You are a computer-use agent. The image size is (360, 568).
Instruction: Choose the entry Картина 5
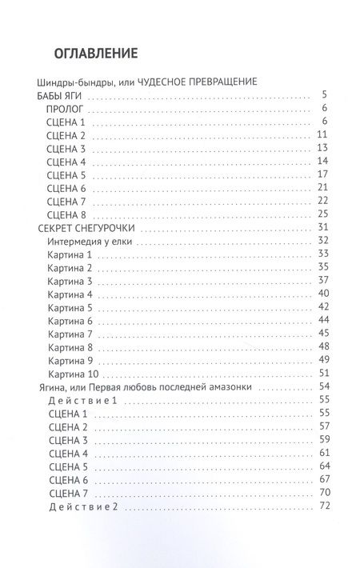point(70,307)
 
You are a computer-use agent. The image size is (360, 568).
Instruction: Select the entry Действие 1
point(83,398)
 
